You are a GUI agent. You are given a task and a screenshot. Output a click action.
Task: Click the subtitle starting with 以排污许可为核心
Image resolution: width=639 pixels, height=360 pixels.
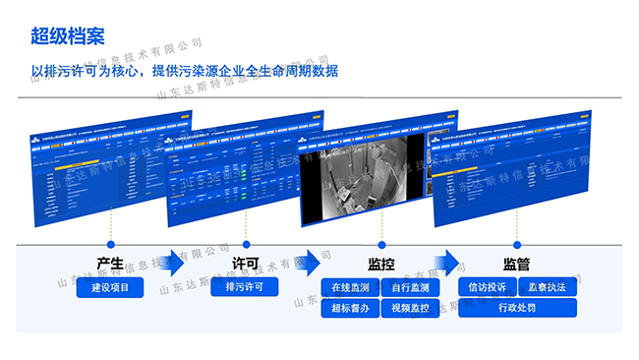coord(184,71)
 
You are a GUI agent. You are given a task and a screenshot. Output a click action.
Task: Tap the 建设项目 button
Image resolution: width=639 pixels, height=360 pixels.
coord(110,287)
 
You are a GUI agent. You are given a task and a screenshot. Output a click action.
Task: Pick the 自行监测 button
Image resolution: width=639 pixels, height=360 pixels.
coord(410,287)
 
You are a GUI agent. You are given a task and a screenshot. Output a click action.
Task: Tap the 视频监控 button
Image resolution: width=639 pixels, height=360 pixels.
coord(410,308)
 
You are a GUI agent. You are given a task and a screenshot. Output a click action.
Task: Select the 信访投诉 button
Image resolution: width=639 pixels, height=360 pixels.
coord(488,287)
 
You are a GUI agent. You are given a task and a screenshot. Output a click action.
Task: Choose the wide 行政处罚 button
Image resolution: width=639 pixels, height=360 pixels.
coord(516,308)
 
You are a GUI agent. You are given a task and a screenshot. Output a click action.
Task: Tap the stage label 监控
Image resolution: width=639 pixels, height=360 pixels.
coord(381,265)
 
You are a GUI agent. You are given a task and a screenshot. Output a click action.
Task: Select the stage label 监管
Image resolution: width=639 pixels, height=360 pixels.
coord(516,265)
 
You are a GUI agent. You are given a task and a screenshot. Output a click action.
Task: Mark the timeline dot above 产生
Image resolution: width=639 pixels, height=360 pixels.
coord(110,244)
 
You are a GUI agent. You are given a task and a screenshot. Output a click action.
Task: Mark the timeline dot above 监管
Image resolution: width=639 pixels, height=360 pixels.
coord(516,244)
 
